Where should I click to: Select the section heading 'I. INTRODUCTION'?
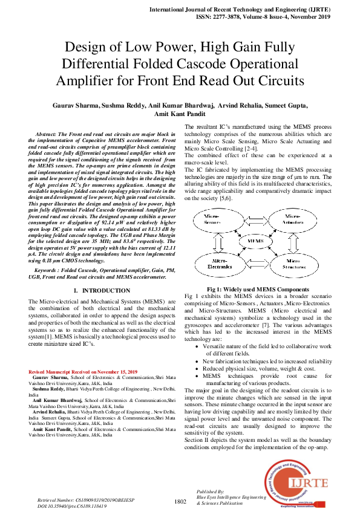(102, 291)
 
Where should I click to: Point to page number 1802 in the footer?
(180, 501)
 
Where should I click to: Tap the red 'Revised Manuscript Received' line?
(83, 372)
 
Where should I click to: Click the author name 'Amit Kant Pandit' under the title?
(180, 114)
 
